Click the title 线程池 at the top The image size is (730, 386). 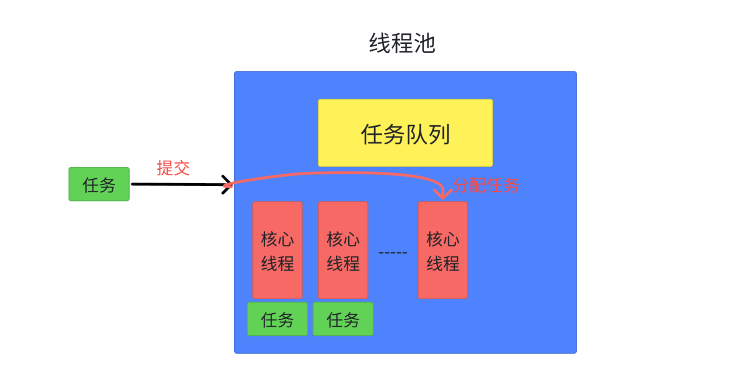(x=402, y=43)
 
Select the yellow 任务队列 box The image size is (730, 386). (x=405, y=133)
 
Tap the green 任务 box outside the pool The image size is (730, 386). (x=99, y=184)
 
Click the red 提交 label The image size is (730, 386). (x=173, y=168)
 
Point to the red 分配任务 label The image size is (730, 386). (x=485, y=185)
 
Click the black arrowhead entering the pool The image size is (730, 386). (x=226, y=184)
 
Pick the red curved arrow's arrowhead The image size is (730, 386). (x=442, y=194)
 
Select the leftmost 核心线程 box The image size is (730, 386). (x=277, y=250)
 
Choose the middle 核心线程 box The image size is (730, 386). (x=343, y=250)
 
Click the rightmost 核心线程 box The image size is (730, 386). (x=442, y=250)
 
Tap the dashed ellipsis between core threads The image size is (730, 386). (x=392, y=252)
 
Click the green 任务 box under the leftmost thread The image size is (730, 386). (x=277, y=319)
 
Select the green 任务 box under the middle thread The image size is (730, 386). (x=343, y=319)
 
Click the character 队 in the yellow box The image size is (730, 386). (x=416, y=134)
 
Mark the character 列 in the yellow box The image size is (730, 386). (x=439, y=134)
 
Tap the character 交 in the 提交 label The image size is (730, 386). (x=181, y=168)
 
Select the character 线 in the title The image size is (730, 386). (x=380, y=43)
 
